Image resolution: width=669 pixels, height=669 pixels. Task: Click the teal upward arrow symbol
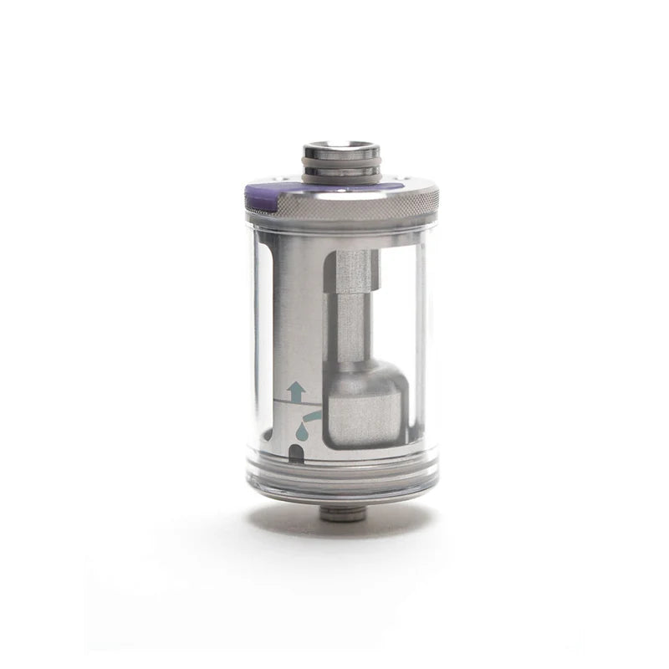(x=294, y=391)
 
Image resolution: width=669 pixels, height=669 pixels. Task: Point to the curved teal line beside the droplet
(x=311, y=415)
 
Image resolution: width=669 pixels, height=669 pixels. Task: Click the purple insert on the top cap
(x=261, y=196)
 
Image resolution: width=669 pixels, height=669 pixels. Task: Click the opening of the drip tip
(x=341, y=147)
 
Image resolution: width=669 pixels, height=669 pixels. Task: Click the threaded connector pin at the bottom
(x=343, y=513)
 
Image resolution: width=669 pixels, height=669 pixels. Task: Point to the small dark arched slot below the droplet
(x=294, y=454)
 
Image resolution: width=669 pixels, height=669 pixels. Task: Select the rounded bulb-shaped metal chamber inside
(x=365, y=406)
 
